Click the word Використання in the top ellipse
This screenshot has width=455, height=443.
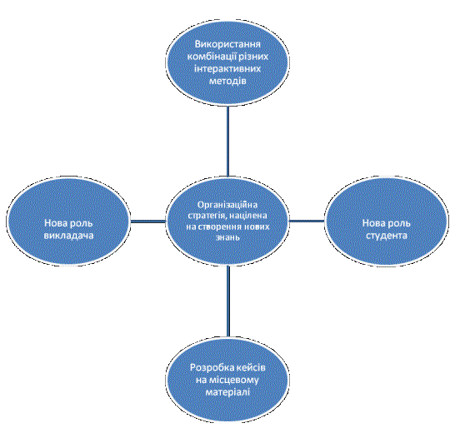point(227,44)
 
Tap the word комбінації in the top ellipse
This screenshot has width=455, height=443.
point(212,57)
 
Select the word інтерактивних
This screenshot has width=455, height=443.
point(227,69)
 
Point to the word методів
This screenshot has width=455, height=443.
point(227,81)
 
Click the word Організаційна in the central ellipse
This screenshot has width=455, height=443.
point(227,205)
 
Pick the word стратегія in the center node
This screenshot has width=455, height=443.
point(206,216)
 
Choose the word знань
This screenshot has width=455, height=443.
point(227,237)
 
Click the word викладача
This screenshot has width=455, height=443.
point(69,235)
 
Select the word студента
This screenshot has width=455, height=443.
point(387,236)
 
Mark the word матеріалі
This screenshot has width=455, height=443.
point(227,392)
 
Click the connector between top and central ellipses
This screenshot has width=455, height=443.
point(227,142)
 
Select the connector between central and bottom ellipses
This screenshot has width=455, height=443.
point(228,301)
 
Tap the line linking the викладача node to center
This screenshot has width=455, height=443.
point(148,221)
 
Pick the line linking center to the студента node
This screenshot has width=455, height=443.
point(307,221)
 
